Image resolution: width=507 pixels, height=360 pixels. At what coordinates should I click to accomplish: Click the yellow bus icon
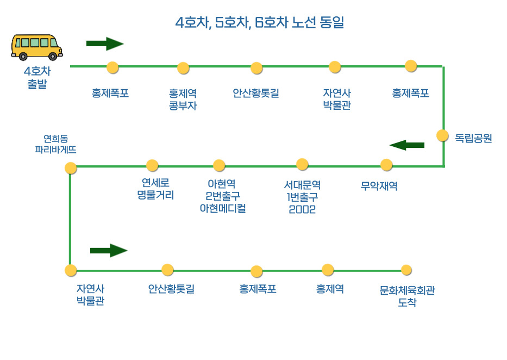pos(36,47)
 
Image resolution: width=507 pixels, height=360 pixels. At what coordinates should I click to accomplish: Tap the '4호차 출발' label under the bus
pos(37,78)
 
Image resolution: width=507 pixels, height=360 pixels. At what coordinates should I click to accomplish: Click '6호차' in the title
pos(268,23)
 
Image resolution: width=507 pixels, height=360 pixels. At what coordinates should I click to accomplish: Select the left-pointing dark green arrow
pos(406,145)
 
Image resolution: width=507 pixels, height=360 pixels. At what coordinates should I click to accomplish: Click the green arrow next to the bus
pos(105,44)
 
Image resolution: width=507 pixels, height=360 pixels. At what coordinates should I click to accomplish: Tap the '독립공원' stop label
pos(473,138)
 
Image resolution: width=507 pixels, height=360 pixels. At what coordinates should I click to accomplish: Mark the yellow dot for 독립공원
pos(442,135)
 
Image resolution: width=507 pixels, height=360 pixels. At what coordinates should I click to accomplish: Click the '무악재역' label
pos(379,186)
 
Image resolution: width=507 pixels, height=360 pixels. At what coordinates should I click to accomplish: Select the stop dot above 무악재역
pos(386,165)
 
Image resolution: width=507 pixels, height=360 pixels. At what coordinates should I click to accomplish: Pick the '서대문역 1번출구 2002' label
pos(302,197)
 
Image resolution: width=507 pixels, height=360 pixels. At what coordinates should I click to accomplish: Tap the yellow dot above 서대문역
pos(302,164)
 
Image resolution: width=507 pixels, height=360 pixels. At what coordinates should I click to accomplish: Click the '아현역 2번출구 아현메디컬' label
pos(223,196)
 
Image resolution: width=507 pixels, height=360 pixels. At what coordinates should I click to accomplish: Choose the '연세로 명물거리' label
pos(155,189)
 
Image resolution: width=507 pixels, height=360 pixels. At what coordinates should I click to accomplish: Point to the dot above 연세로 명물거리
pos(152,165)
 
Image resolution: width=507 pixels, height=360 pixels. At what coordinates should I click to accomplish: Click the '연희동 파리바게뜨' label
pos(55,144)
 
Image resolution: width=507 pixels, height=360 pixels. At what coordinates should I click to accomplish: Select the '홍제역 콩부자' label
pos(183,100)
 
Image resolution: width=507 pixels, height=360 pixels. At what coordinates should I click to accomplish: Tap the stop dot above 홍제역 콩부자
pos(183,68)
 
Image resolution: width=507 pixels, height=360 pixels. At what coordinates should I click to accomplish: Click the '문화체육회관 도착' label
pos(407,296)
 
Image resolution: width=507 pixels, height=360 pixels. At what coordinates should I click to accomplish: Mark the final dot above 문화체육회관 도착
pos(406,270)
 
